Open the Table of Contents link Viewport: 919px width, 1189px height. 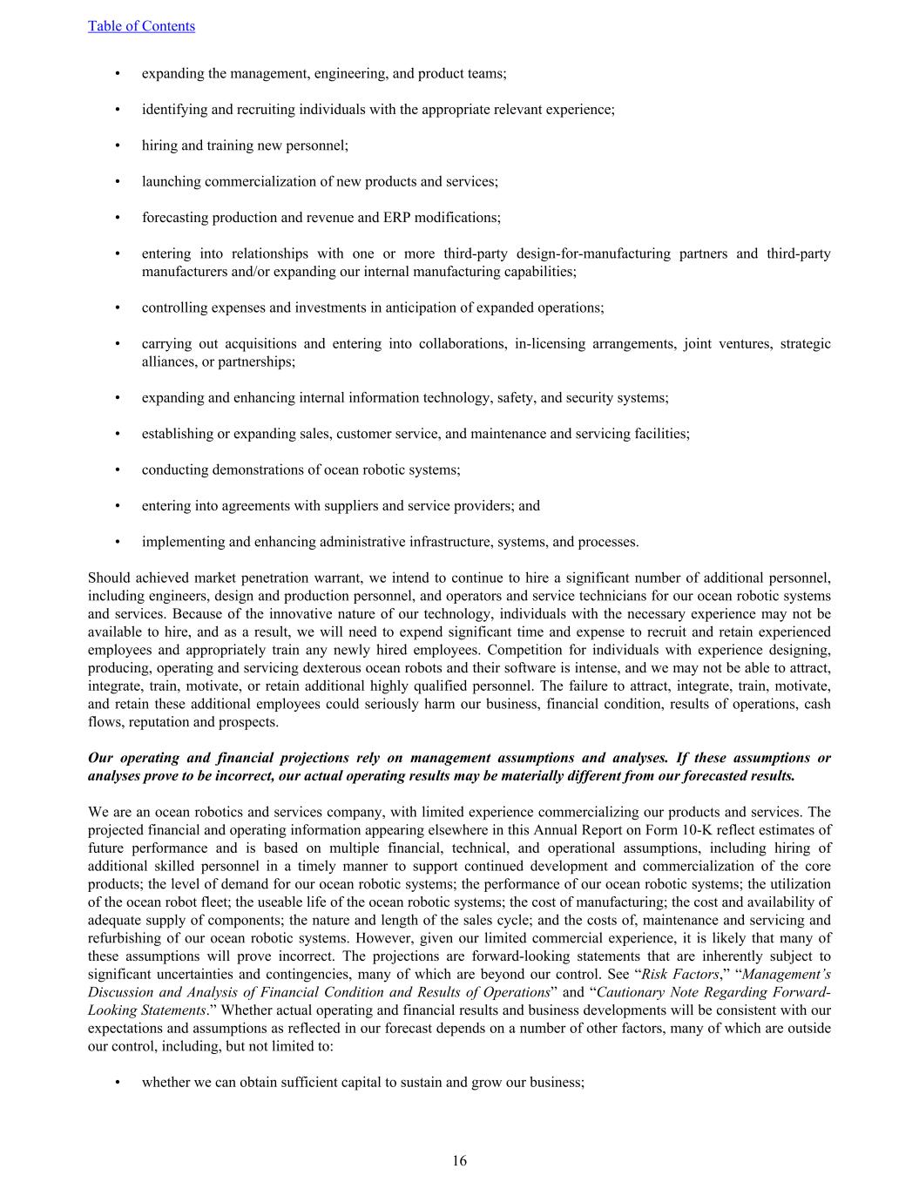141,26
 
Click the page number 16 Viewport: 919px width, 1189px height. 459,1160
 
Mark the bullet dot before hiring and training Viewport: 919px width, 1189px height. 118,145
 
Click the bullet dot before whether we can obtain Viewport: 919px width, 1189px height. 118,1082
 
